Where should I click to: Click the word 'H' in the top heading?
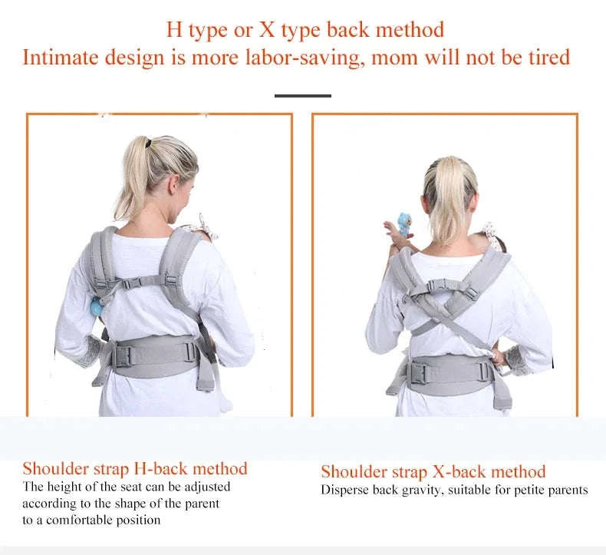click(174, 31)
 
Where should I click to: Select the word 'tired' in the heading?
click(547, 58)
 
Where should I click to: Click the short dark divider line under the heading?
click(302, 96)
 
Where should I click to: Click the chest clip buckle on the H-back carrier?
click(143, 285)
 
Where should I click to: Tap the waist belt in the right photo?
click(449, 372)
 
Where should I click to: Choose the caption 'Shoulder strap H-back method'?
click(135, 468)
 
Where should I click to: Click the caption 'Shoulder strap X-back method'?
click(433, 471)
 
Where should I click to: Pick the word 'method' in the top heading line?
click(409, 31)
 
